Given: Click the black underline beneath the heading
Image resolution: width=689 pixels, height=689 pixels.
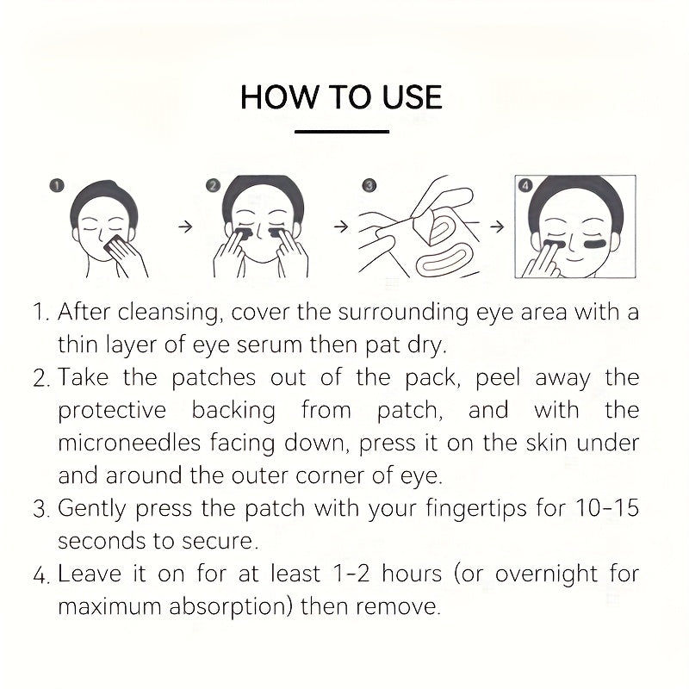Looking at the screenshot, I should click(342, 132).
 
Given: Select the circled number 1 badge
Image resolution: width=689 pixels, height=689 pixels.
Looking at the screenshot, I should click(58, 185).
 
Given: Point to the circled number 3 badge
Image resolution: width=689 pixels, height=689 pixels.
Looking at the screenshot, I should click(369, 185).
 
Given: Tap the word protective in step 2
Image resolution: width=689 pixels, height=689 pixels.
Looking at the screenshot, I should click(113, 410).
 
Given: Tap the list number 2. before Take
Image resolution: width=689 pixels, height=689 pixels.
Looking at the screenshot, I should click(42, 378).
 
